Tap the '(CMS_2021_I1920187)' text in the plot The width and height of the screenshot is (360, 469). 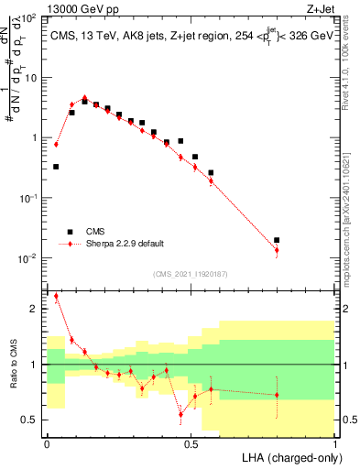[x=190, y=273]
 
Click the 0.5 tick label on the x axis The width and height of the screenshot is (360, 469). [x=190, y=444]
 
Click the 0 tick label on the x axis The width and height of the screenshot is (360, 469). [x=47, y=444]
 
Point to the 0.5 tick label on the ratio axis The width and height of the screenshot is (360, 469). [x=29, y=420]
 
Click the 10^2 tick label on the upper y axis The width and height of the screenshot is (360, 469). [x=29, y=18]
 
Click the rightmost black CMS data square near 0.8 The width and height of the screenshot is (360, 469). [x=277, y=240]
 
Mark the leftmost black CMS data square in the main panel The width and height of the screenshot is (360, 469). [x=56, y=167]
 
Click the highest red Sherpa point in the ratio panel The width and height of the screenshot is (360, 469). [x=56, y=296]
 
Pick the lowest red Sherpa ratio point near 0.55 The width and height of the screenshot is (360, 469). [x=180, y=414]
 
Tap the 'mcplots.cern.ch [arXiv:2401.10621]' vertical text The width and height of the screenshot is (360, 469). [x=351, y=211]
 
